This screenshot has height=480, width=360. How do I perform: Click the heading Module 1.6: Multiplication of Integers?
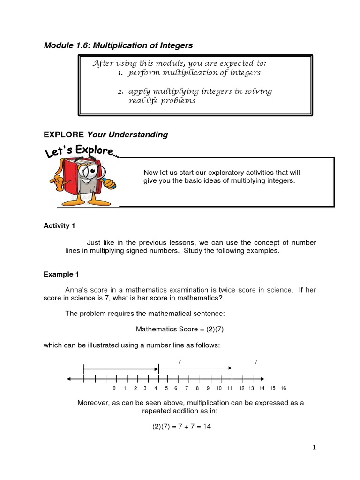[x=118, y=45]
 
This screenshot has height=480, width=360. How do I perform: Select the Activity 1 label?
[x=59, y=226]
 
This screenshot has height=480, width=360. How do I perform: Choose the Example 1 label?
[x=59, y=274]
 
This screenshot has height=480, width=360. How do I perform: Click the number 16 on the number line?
[x=283, y=389]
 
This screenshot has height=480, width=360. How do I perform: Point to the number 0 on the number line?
[x=114, y=389]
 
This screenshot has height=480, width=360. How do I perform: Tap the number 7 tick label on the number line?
[x=187, y=389]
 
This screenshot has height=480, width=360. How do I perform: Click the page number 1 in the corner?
[x=315, y=448]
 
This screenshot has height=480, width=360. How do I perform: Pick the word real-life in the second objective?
[x=142, y=101]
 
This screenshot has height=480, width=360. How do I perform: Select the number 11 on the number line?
[x=230, y=389]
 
